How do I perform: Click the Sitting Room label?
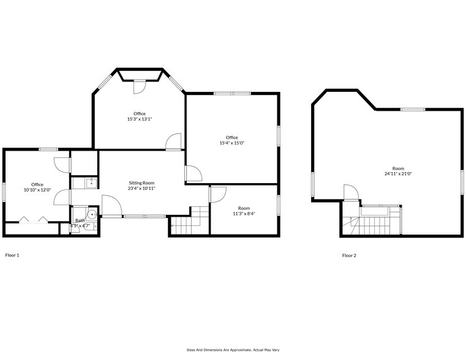pos(141,182)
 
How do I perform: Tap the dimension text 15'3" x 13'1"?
pos(139,119)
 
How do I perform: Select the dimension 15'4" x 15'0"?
pos(231,143)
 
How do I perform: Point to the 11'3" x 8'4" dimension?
pos(244,214)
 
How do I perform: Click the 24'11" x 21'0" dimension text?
pos(398,173)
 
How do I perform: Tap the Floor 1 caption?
pos(12,255)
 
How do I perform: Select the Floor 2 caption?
pos(349,255)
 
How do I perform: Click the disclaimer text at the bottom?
pos(233,350)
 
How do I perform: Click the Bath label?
pos(80,220)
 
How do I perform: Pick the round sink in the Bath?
pos(91,214)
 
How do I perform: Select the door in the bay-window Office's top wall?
pos(140,86)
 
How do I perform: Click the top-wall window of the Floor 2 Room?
pos(412,109)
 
